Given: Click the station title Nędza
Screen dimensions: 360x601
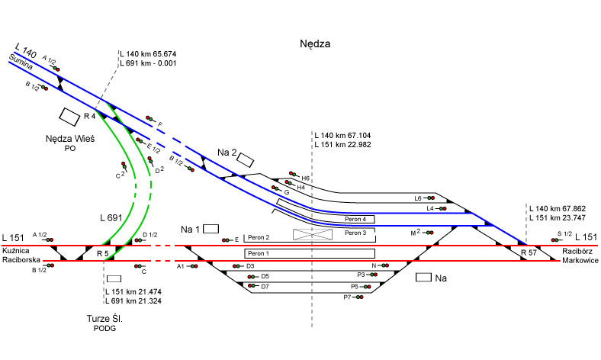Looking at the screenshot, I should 315,45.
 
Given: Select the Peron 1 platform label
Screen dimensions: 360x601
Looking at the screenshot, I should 259,252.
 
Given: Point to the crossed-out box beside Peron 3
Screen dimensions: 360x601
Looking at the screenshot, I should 314,234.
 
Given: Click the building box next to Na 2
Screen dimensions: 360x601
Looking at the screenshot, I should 246,159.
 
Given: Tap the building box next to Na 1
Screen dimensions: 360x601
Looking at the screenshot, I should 211,228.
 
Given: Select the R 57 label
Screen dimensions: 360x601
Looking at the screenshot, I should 529,252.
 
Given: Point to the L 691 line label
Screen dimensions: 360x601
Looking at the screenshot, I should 111,218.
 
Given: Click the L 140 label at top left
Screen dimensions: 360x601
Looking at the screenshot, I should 25,50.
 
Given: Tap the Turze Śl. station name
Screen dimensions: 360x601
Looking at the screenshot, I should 105,317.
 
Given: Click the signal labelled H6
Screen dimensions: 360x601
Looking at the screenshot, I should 293,175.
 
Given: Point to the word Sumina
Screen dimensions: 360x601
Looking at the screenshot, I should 20,60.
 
